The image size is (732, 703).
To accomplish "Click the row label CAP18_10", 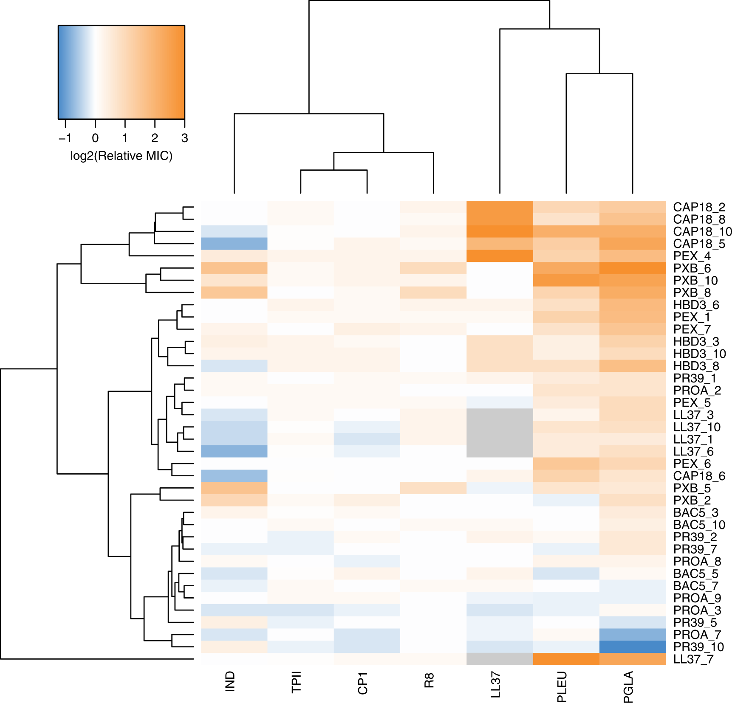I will (702, 232).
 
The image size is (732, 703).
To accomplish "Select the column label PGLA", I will (628, 687).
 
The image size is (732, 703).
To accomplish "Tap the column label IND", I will (230, 681).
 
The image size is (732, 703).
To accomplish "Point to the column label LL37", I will (495, 685).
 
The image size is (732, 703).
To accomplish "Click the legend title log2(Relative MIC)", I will (121, 156).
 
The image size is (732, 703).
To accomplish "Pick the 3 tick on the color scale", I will (184, 138).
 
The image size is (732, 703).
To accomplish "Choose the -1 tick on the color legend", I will (65, 138).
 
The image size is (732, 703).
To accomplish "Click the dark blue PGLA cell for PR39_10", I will (632, 647).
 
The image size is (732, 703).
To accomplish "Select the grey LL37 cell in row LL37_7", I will (500, 659).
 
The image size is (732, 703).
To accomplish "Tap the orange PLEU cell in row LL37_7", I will (566, 659).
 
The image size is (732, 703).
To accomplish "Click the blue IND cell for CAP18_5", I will (234, 244).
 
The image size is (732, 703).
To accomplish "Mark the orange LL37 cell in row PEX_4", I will (500, 256).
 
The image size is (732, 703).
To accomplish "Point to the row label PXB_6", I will (692, 268).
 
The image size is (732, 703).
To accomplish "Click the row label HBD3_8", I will (696, 366).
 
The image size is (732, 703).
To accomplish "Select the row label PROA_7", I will (697, 635).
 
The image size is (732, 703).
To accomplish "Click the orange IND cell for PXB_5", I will (234, 488).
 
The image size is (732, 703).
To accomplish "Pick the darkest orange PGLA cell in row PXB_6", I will (632, 268).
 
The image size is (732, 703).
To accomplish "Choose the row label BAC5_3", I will (695, 512).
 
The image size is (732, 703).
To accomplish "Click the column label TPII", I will (296, 682).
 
